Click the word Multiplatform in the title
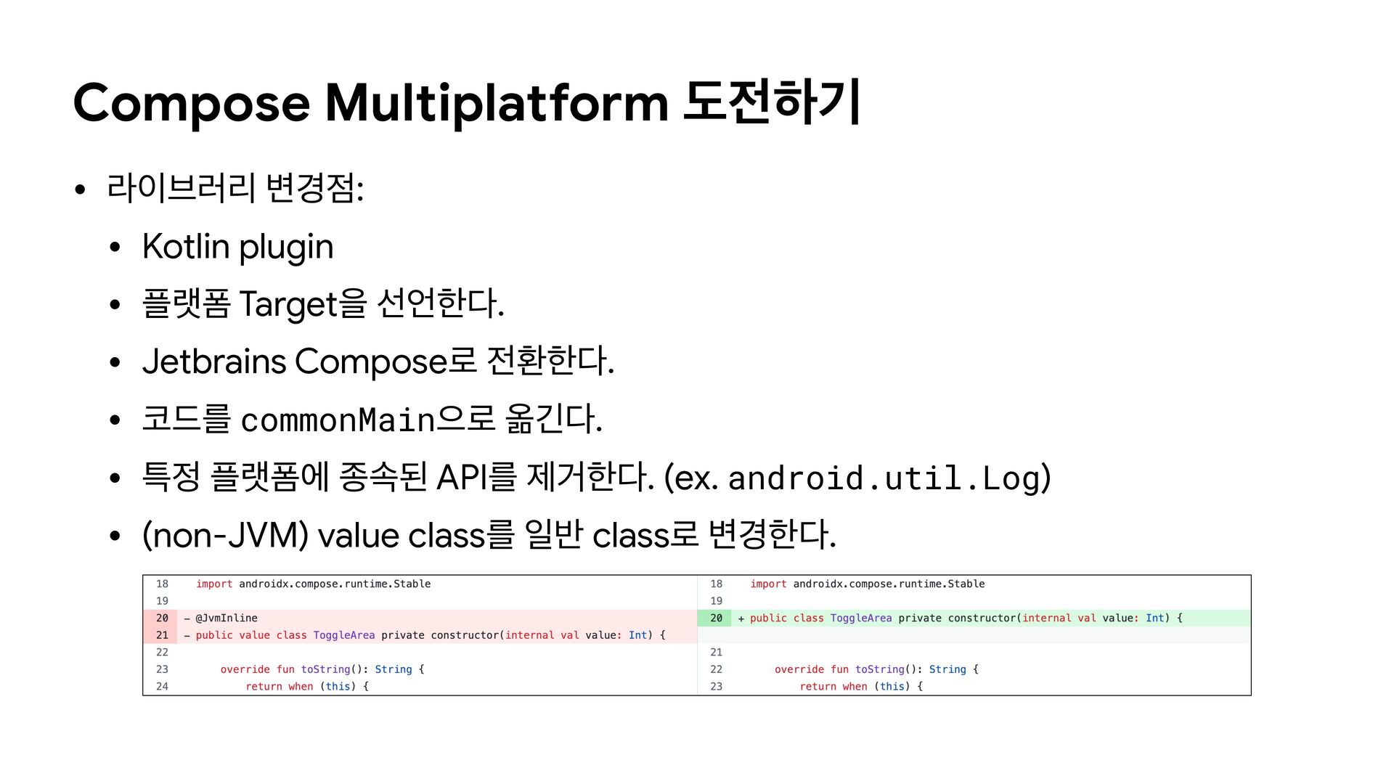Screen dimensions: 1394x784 click(x=497, y=103)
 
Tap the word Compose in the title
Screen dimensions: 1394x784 click(x=192, y=103)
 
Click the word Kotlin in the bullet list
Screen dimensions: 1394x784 click(x=186, y=246)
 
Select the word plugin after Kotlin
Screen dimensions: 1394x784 click(x=286, y=248)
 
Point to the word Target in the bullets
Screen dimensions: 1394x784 click(x=288, y=303)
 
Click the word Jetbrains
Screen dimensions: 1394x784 click(x=214, y=362)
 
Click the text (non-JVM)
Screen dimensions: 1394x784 click(x=226, y=536)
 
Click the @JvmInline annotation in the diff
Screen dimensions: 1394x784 click(x=227, y=618)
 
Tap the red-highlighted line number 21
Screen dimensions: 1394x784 click(x=162, y=635)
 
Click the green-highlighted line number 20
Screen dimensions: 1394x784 click(x=716, y=618)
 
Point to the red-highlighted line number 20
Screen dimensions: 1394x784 click(x=162, y=618)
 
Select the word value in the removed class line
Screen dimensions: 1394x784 click(x=254, y=635)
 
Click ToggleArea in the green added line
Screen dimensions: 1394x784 click(x=860, y=618)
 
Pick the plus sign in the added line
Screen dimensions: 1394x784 click(x=741, y=618)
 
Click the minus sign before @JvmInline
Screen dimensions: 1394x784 click(x=187, y=618)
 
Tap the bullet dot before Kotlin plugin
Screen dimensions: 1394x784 click(x=115, y=248)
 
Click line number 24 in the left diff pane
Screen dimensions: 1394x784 click(x=162, y=686)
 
